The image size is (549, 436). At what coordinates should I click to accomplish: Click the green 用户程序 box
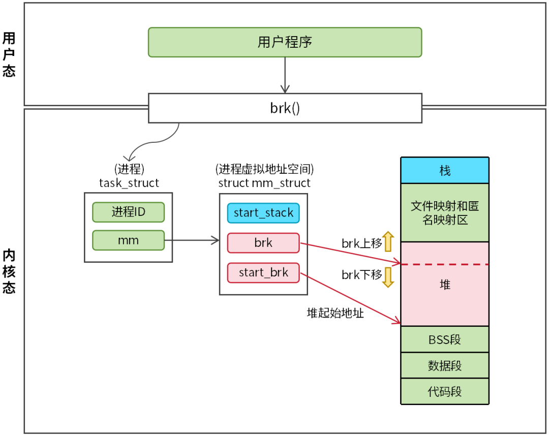(285, 42)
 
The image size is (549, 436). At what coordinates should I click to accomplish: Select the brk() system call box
(285, 108)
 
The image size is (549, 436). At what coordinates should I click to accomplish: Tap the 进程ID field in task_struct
(128, 212)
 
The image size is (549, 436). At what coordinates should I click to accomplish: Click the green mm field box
(128, 240)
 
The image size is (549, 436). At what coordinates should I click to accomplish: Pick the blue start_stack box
(263, 213)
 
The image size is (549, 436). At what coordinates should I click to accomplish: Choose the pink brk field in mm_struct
(263, 243)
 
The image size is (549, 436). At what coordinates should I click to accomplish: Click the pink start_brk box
(263, 272)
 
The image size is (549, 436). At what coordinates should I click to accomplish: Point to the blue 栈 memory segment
(445, 171)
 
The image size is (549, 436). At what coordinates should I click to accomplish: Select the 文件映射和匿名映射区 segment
(445, 212)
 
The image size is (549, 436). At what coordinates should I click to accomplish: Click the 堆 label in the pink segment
(445, 285)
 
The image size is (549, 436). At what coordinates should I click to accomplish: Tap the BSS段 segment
(445, 339)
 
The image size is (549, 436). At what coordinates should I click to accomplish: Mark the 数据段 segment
(445, 366)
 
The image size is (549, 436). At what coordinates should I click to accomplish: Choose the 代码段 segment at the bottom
(445, 392)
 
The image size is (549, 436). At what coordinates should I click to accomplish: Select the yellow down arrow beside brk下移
(388, 277)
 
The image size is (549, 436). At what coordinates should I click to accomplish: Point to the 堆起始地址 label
(335, 313)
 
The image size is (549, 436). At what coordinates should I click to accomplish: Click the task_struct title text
(129, 183)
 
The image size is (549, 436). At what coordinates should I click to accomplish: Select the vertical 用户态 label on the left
(9, 54)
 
